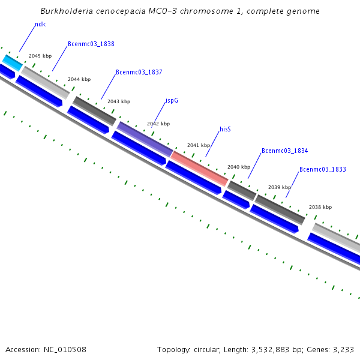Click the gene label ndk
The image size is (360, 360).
coord(40,25)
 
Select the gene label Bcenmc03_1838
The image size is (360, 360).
coord(91,44)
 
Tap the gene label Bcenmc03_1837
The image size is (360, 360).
coord(139,72)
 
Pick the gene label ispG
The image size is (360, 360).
coord(172,101)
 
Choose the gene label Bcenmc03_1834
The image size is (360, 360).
coord(285,151)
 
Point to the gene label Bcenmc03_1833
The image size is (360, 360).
coord(323,169)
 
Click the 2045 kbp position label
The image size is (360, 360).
coord(40,56)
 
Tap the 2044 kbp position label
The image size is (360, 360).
coord(79,79)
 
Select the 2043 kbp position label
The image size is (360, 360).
coord(119,101)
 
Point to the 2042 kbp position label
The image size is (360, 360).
coord(158,124)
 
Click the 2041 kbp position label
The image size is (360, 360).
coord(199,145)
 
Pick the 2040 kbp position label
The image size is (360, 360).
coord(239,167)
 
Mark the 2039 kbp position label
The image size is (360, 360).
coord(280,187)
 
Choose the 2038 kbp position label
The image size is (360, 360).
coord(320,207)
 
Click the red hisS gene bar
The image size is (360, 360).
coord(199,168)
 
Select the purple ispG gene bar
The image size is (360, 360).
coord(145,139)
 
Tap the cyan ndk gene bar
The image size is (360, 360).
coord(12,62)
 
